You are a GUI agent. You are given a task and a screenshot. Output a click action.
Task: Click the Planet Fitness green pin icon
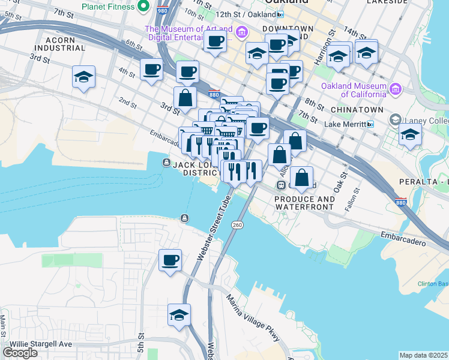[x=143, y=7]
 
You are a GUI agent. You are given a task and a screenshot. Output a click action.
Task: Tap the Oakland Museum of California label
[x=354, y=90]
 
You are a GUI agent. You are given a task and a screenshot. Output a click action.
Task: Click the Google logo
[x=20, y=353]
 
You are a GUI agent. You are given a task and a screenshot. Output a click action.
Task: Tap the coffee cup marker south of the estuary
[x=170, y=261]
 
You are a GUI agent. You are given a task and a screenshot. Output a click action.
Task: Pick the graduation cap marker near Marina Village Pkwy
[x=179, y=315]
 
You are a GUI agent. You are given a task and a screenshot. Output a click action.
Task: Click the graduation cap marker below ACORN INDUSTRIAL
[x=84, y=77]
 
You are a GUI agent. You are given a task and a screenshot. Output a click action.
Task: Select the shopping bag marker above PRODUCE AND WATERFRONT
[x=302, y=178]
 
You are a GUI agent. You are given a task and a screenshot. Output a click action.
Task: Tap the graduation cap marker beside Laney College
[x=410, y=135]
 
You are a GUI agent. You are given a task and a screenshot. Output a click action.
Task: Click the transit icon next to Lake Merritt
[x=370, y=124]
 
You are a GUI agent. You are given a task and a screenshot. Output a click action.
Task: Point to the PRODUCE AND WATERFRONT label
[x=304, y=203]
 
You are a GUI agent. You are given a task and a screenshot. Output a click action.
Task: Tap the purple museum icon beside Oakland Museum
[x=395, y=90]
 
